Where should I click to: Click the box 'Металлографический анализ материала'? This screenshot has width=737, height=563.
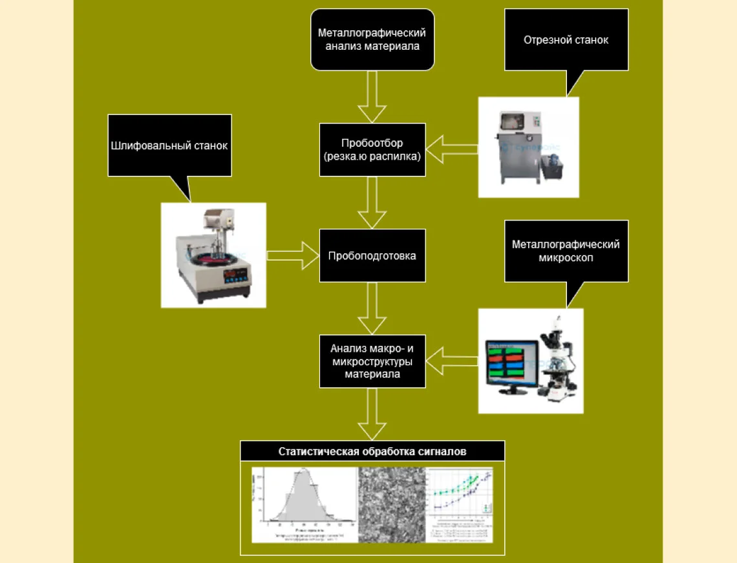[x=372, y=39]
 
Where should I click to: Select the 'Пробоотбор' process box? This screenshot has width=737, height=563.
[x=372, y=150]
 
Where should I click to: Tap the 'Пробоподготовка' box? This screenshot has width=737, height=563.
[x=372, y=255]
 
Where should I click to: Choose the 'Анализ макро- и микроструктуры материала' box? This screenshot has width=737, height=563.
[x=372, y=361]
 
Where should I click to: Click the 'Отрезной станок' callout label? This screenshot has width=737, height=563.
[x=566, y=40]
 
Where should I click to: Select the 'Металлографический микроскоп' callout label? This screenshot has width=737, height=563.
[x=566, y=251]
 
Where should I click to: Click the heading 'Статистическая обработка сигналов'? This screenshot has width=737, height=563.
[x=372, y=452]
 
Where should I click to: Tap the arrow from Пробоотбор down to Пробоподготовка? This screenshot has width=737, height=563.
[x=372, y=202]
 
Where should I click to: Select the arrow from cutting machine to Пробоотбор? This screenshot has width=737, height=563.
[x=452, y=150]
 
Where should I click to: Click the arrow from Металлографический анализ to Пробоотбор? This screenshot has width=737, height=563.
[x=372, y=97]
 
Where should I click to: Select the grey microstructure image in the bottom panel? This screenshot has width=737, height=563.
[x=392, y=504]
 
